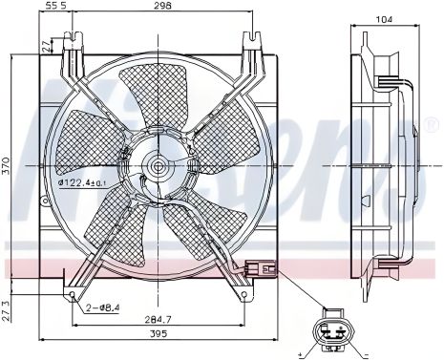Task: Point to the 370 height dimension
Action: tap(7, 168)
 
